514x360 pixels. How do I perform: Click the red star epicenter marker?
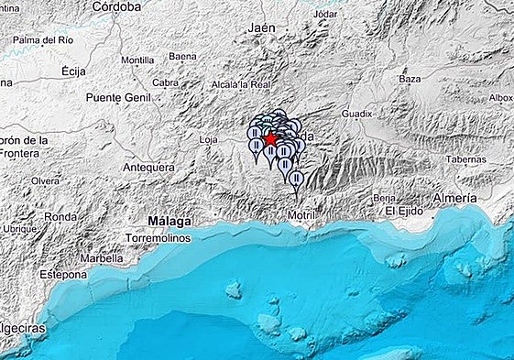pyautogui.click(x=271, y=138)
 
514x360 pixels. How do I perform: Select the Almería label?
pyautogui.click(x=455, y=198)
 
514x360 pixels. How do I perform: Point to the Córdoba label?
pyautogui.click(x=116, y=6)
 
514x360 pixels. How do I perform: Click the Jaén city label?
pyautogui.click(x=261, y=28)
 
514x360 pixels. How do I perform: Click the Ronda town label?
pyautogui.click(x=61, y=217)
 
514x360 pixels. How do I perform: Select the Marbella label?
pyautogui.click(x=102, y=257)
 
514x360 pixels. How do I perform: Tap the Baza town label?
pyautogui.click(x=410, y=80)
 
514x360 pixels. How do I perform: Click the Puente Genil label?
pyautogui.click(x=115, y=97)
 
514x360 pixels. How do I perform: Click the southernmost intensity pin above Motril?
pyautogui.click(x=295, y=179)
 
